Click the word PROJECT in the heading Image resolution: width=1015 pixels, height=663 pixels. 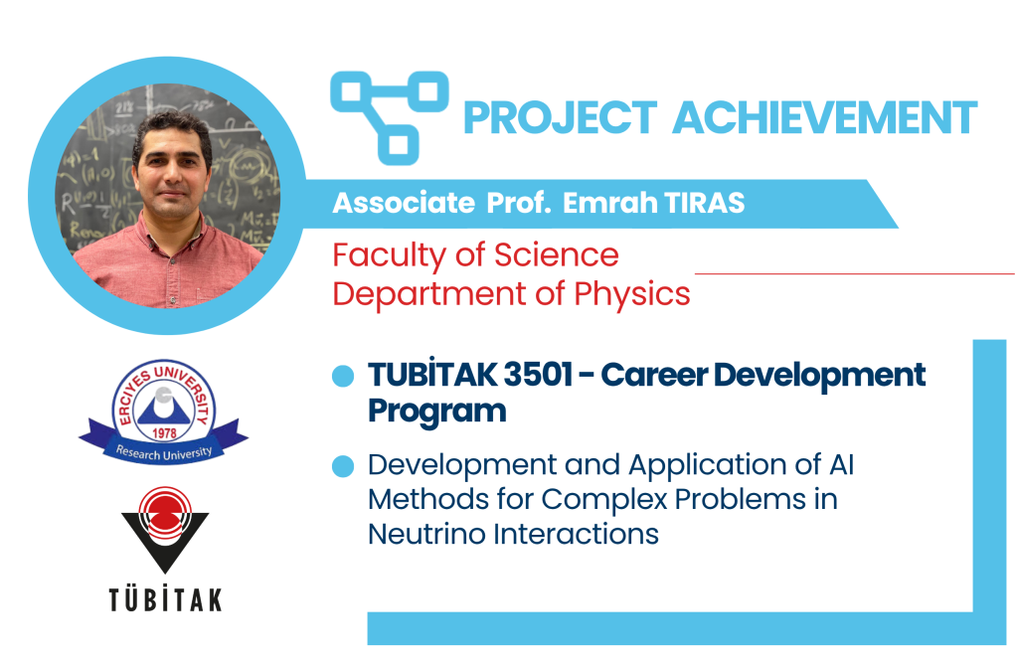tap(561, 118)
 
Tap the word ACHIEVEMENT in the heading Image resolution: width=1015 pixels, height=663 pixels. tap(825, 118)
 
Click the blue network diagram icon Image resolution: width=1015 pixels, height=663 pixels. tap(389, 117)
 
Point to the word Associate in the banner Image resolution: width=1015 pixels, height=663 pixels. tap(404, 204)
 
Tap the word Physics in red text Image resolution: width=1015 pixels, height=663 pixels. tap(632, 295)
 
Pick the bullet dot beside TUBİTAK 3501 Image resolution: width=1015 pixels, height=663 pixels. tap(343, 376)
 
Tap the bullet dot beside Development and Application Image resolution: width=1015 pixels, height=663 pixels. tap(343, 466)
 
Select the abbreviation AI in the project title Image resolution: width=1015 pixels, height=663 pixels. tap(841, 465)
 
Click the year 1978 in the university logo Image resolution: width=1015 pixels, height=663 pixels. tap(164, 432)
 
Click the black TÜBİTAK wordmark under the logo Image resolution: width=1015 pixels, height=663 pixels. tap(165, 600)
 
